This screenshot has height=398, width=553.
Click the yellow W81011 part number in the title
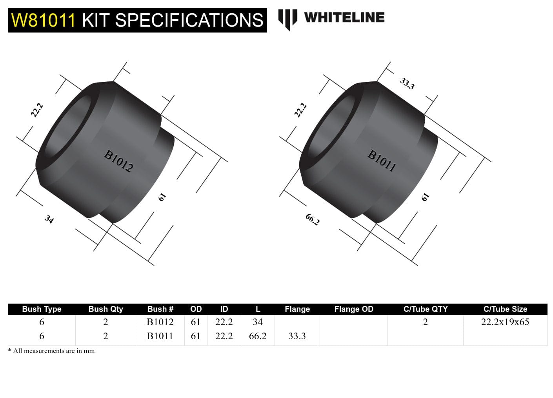click(x=43, y=20)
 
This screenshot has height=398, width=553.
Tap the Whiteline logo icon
click(x=287, y=19)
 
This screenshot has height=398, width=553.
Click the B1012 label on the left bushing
click(x=118, y=161)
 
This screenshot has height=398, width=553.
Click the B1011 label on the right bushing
click(x=382, y=161)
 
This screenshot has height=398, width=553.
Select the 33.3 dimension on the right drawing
click(x=407, y=84)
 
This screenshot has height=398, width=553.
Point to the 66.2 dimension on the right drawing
click(x=313, y=219)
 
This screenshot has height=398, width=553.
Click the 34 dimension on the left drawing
click(x=49, y=219)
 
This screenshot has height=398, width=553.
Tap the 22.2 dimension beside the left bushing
click(x=37, y=110)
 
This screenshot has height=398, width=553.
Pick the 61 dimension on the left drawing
click(x=162, y=197)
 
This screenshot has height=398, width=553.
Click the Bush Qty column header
click(x=106, y=309)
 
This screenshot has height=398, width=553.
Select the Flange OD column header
click(x=353, y=309)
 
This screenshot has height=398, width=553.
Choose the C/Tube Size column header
click(x=505, y=309)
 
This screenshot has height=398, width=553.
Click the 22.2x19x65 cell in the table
click(x=505, y=322)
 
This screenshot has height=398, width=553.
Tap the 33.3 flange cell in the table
click(x=297, y=336)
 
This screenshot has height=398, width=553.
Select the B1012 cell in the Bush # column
click(x=160, y=322)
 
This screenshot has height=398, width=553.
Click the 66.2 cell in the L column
click(x=258, y=336)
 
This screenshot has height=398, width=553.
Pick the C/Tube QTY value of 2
click(x=425, y=322)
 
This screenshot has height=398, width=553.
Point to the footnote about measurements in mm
click(x=51, y=351)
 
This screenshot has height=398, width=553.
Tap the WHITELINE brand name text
click(x=344, y=18)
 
